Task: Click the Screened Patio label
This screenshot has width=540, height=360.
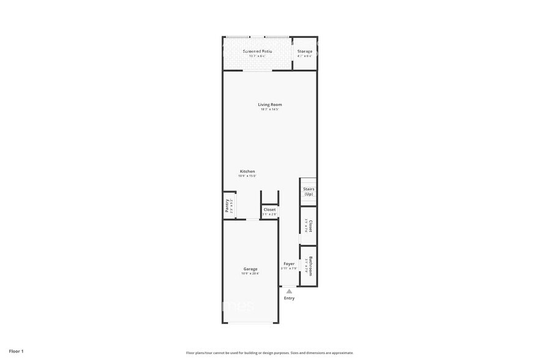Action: pyautogui.click(x=257, y=51)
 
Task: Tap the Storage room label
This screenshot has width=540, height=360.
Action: pyautogui.click(x=305, y=51)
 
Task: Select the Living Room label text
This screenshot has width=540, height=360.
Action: pyautogui.click(x=269, y=105)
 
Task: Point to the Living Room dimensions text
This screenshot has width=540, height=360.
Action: pyautogui.click(x=269, y=110)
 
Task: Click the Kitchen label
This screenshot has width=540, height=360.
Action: pyautogui.click(x=247, y=171)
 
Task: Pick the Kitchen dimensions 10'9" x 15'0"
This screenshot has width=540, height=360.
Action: pyautogui.click(x=247, y=176)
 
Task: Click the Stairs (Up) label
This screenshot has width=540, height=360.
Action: pyautogui.click(x=309, y=192)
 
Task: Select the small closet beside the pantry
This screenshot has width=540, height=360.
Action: pyautogui.click(x=269, y=210)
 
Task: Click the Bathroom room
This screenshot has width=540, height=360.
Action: pyautogui.click(x=309, y=266)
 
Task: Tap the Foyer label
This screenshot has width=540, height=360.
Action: pyautogui.click(x=289, y=264)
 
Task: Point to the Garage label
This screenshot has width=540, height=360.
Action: pyautogui.click(x=250, y=269)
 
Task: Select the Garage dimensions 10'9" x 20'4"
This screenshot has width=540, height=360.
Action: pyautogui.click(x=250, y=274)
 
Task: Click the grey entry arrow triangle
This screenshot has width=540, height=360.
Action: pyautogui.click(x=289, y=291)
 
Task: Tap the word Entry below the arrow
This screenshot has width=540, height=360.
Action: pyautogui.click(x=289, y=298)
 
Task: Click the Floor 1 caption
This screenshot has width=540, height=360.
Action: pyautogui.click(x=16, y=351)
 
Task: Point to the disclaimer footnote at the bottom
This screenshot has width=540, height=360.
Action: pyautogui.click(x=269, y=353)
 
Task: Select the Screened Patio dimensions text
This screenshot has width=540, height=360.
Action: pyautogui.click(x=257, y=56)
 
